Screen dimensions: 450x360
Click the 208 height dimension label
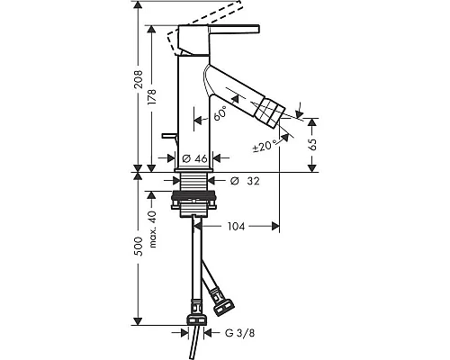139,79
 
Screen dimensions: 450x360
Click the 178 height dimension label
152,96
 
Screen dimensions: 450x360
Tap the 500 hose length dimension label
139,247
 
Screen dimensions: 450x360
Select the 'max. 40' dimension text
153,229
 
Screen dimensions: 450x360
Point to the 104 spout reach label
236,226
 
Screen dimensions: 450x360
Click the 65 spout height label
312,145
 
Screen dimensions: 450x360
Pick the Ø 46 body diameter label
194,158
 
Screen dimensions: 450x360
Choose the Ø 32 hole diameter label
245,181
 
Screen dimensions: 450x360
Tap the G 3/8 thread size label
239,333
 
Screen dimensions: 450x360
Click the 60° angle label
220,113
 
